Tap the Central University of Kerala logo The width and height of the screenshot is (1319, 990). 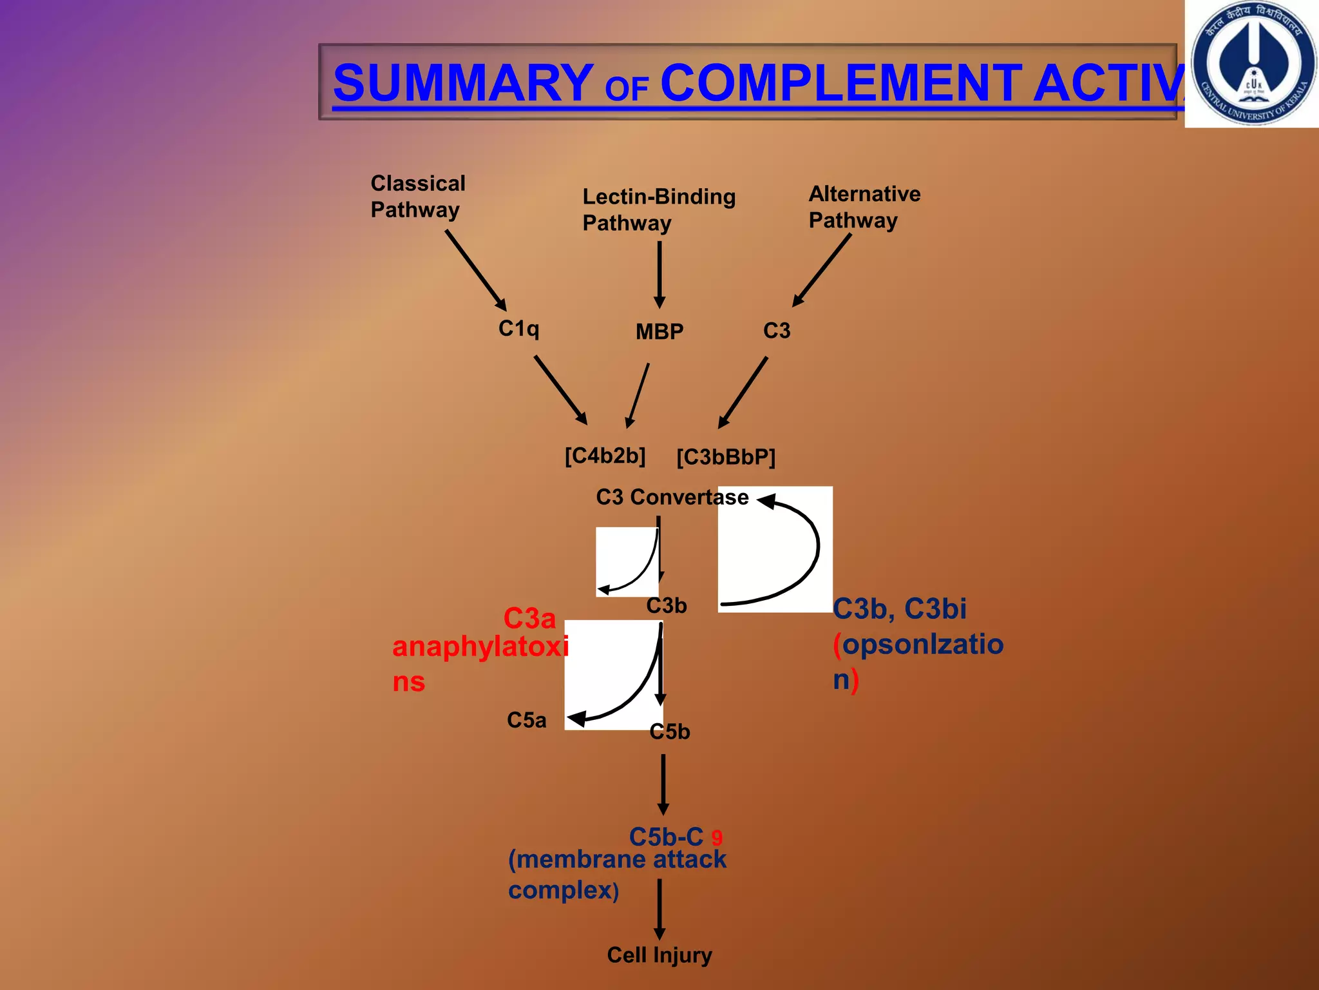click(1252, 63)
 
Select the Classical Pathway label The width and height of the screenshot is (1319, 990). click(417, 197)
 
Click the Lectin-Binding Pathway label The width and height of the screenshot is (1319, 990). click(658, 209)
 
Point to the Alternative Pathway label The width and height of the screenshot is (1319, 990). click(864, 207)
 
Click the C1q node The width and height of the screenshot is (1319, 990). click(518, 329)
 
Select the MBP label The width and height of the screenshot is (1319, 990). click(659, 331)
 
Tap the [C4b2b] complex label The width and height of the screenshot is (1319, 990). click(605, 456)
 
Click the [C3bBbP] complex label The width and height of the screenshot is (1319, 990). click(726, 457)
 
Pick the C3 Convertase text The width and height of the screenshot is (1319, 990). click(672, 497)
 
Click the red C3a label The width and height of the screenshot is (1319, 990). click(529, 619)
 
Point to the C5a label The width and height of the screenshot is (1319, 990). click(526, 720)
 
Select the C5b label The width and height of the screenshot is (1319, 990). click(670, 732)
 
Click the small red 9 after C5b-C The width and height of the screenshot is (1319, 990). click(717, 838)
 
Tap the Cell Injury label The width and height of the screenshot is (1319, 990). click(659, 955)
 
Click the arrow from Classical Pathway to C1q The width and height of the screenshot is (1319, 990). click(476, 270)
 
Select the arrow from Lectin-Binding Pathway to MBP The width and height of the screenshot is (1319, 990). click(659, 274)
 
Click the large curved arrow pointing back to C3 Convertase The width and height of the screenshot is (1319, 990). click(799, 554)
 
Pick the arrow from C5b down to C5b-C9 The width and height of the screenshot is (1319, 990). click(663, 784)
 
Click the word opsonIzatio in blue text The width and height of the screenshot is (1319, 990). click(922, 644)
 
